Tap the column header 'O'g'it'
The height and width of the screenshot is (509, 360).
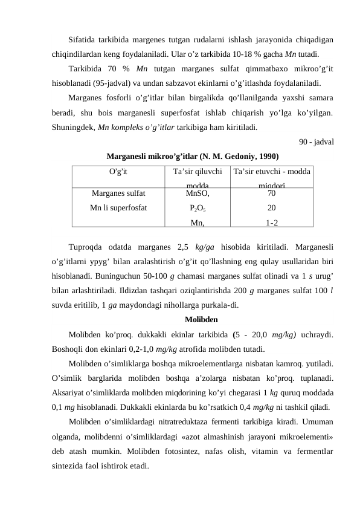click(118, 172)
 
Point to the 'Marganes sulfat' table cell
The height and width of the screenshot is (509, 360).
click(118, 194)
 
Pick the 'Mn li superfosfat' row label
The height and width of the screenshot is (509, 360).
click(118, 208)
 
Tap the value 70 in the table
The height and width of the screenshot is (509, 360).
click(272, 194)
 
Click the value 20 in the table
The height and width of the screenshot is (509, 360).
click(272, 208)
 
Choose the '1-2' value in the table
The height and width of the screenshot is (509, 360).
click(272, 222)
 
